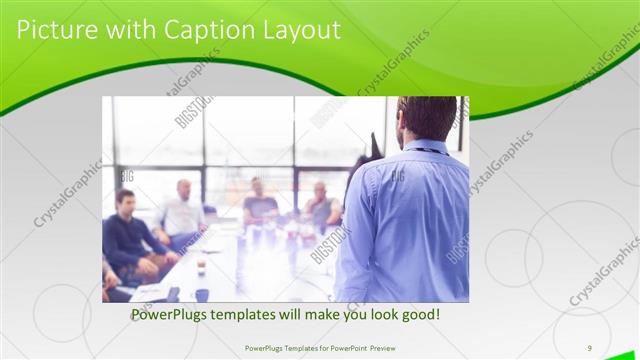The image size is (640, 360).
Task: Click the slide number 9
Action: click(590, 347)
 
